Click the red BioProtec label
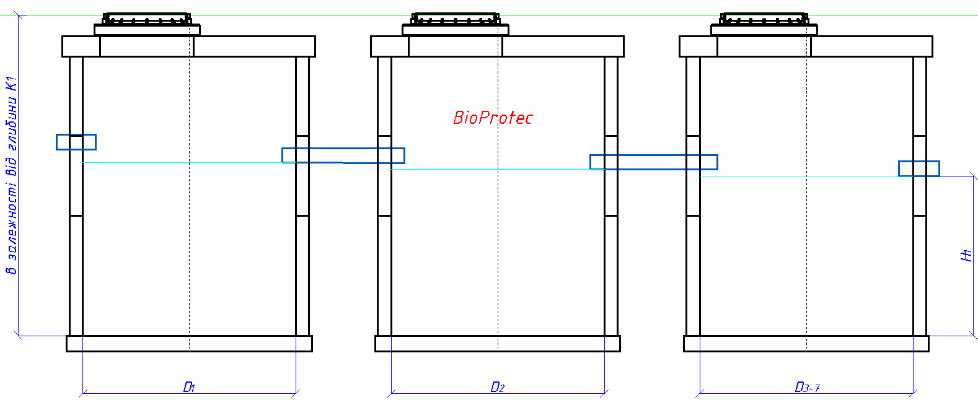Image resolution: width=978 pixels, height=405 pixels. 493,118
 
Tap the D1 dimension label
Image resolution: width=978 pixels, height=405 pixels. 189,387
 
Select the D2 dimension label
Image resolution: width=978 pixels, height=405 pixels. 497,387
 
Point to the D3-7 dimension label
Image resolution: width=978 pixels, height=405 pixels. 807,387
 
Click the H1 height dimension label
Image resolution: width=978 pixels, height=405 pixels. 966,255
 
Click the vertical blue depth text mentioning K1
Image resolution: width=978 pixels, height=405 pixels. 11,175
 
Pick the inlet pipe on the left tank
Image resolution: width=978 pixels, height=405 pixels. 76,142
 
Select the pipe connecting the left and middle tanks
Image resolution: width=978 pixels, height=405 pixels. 343,155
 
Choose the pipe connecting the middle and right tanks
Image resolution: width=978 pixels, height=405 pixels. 653,162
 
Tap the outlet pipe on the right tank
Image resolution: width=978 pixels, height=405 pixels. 919,168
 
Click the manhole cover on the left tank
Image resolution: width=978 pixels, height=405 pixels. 147,19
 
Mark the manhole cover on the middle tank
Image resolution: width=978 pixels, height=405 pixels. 456,19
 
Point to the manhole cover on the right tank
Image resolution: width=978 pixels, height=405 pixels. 764,19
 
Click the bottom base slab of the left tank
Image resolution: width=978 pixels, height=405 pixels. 189,344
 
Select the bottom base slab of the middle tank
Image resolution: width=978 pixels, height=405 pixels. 498,344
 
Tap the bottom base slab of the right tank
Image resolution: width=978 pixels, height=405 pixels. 806,344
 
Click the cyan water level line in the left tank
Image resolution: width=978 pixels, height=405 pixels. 186,163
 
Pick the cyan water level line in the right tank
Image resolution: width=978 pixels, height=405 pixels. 800,176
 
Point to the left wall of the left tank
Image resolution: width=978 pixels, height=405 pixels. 76,260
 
